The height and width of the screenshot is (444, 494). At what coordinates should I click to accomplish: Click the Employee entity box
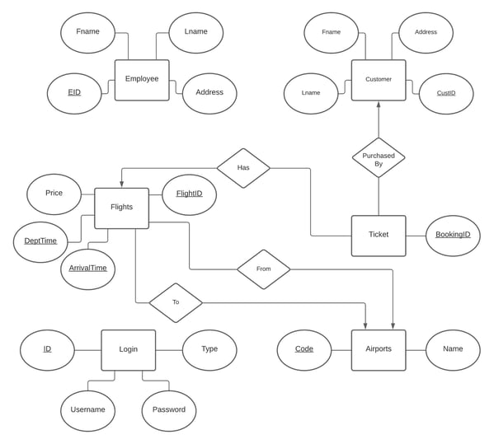[142, 80]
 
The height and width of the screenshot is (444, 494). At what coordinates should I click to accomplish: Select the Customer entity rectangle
[379, 80]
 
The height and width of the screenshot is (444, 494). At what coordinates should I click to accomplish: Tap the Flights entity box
[121, 208]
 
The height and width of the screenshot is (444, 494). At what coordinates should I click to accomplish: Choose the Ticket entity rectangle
[379, 236]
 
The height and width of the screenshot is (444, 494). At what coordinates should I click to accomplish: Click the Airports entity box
[379, 350]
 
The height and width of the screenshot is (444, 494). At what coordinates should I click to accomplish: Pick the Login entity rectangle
[128, 350]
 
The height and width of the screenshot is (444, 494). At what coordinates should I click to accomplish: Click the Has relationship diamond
[243, 168]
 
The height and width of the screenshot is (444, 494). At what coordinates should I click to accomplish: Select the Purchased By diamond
[379, 157]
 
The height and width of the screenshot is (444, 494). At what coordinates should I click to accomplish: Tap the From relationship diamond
[263, 269]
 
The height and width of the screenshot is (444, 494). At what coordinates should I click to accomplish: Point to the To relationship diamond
[176, 302]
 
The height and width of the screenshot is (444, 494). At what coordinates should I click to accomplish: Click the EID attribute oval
[74, 93]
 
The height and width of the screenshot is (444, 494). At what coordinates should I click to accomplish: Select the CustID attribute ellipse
[446, 93]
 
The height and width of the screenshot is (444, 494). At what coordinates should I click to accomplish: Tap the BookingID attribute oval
[453, 236]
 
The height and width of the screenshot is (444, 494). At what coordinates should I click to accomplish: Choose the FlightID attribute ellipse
[189, 194]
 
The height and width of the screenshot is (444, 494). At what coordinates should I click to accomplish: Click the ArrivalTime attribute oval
[88, 269]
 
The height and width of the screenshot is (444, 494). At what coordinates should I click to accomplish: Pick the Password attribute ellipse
[169, 411]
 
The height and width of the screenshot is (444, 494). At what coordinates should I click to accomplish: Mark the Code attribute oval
[304, 350]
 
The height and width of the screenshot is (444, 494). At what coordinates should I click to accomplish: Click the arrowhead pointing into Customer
[379, 104]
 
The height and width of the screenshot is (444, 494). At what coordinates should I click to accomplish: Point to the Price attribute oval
[54, 194]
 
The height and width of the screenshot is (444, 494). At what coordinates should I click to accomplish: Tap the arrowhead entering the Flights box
[121, 185]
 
